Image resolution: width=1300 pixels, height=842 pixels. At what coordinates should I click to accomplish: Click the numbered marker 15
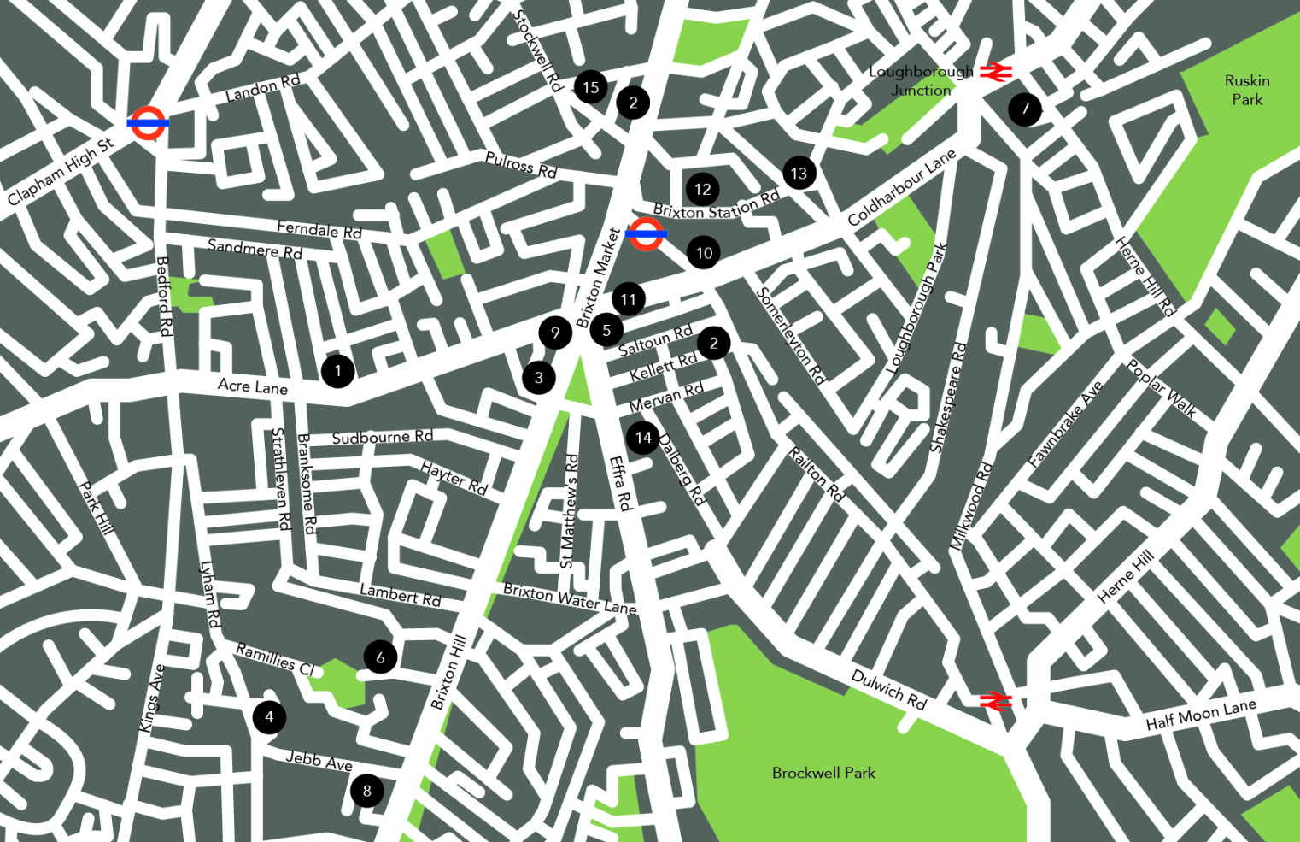[590, 87]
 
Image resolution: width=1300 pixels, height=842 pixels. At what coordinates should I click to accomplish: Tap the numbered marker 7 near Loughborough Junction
[1025, 109]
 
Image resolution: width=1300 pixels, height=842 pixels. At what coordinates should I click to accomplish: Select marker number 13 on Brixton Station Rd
[799, 174]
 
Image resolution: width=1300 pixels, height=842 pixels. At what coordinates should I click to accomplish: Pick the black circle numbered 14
[643, 438]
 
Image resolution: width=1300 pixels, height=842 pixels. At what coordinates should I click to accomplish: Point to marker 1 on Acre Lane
[337, 371]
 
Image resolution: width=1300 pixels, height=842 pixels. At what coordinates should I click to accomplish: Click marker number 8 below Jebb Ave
[366, 791]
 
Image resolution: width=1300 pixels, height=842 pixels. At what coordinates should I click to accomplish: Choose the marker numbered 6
[380, 657]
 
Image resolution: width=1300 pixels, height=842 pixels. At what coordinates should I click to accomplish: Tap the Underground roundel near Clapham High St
[147, 123]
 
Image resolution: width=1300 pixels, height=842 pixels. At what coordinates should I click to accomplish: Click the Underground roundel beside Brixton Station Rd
[646, 233]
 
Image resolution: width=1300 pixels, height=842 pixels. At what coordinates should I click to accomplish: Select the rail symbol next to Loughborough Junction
[995, 72]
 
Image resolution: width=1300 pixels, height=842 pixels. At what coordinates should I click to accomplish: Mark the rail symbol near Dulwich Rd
[995, 701]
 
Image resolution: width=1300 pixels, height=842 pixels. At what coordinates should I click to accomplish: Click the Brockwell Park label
[823, 773]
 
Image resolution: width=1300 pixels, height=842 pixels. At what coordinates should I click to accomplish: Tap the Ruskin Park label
[1247, 90]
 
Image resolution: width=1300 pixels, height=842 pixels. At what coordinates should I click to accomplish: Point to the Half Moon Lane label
[1200, 715]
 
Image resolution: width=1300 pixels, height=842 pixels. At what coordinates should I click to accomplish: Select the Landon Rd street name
[262, 88]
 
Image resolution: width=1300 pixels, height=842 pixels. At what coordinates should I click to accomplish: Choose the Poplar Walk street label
[1162, 389]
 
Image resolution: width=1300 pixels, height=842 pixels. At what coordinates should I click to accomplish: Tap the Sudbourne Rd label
[382, 438]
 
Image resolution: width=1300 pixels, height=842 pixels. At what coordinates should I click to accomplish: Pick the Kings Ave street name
[151, 698]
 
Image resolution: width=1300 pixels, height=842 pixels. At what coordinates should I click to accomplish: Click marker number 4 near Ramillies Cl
[269, 717]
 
